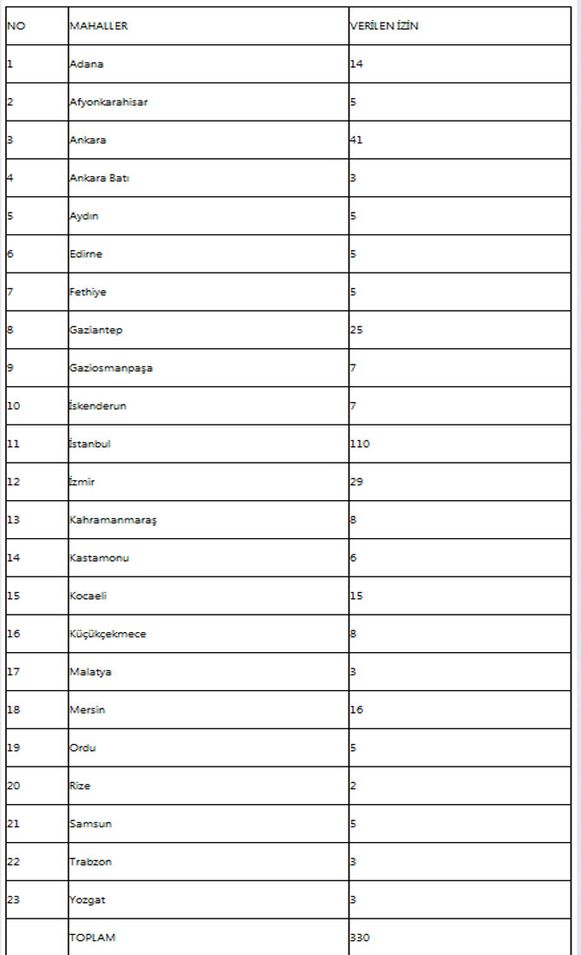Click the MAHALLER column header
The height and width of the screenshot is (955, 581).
point(98,26)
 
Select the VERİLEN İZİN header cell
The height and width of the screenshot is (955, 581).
point(384,26)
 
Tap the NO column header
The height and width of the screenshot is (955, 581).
point(16,26)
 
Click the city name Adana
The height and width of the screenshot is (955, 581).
point(87,64)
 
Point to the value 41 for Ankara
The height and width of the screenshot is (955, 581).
point(356,140)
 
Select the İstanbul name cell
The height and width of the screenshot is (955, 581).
point(90,444)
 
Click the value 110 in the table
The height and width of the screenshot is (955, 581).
point(360,444)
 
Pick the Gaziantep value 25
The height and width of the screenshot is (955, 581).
point(356,330)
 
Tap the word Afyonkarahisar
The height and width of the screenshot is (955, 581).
point(108,102)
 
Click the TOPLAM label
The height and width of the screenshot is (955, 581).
point(92,938)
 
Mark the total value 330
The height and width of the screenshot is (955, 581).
point(360,938)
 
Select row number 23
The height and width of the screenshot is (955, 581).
point(13,899)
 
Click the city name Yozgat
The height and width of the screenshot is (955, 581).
point(87,899)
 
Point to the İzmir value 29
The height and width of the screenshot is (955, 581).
point(356,482)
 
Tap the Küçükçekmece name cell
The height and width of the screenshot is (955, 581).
point(108,634)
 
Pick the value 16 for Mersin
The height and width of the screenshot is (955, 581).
point(356,709)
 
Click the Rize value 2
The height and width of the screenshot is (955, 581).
point(353,786)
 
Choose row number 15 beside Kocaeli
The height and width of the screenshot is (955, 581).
point(13,596)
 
